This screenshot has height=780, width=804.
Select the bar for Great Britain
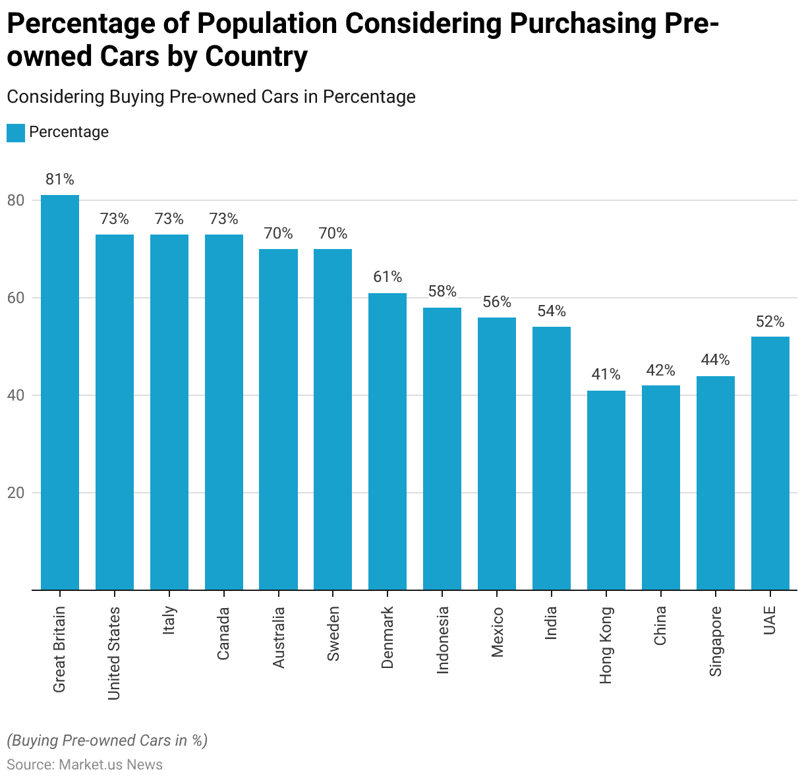[x=60, y=392]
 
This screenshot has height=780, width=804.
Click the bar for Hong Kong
[x=606, y=490]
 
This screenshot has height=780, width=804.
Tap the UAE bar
[x=770, y=463]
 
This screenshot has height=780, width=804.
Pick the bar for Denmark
[x=388, y=441]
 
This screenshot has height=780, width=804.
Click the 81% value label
[x=60, y=179]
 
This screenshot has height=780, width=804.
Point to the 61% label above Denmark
[x=388, y=277]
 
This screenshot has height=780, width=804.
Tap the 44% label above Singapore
[x=715, y=360]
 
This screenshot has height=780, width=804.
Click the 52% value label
[x=770, y=321]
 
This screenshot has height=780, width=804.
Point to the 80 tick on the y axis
[x=16, y=200]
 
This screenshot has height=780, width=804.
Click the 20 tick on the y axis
[x=16, y=493]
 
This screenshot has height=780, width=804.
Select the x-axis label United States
[x=114, y=653]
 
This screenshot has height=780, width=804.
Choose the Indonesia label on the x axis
[x=442, y=640]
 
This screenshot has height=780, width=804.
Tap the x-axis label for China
[x=660, y=626]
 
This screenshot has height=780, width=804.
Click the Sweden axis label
[x=333, y=634]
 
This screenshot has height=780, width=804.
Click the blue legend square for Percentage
[x=16, y=132]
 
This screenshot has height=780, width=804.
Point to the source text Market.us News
[x=111, y=765]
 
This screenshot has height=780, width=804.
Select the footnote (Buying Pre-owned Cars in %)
[x=107, y=740]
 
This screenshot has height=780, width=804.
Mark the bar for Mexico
[x=497, y=453]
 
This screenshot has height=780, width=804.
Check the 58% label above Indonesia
[x=442, y=291]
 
